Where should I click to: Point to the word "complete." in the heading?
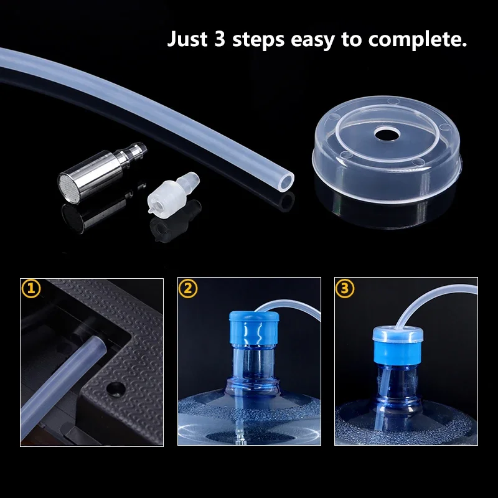418,40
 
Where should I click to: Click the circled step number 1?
31,288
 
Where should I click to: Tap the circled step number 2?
189,288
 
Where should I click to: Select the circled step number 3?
345,288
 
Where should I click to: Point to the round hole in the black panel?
114,388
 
